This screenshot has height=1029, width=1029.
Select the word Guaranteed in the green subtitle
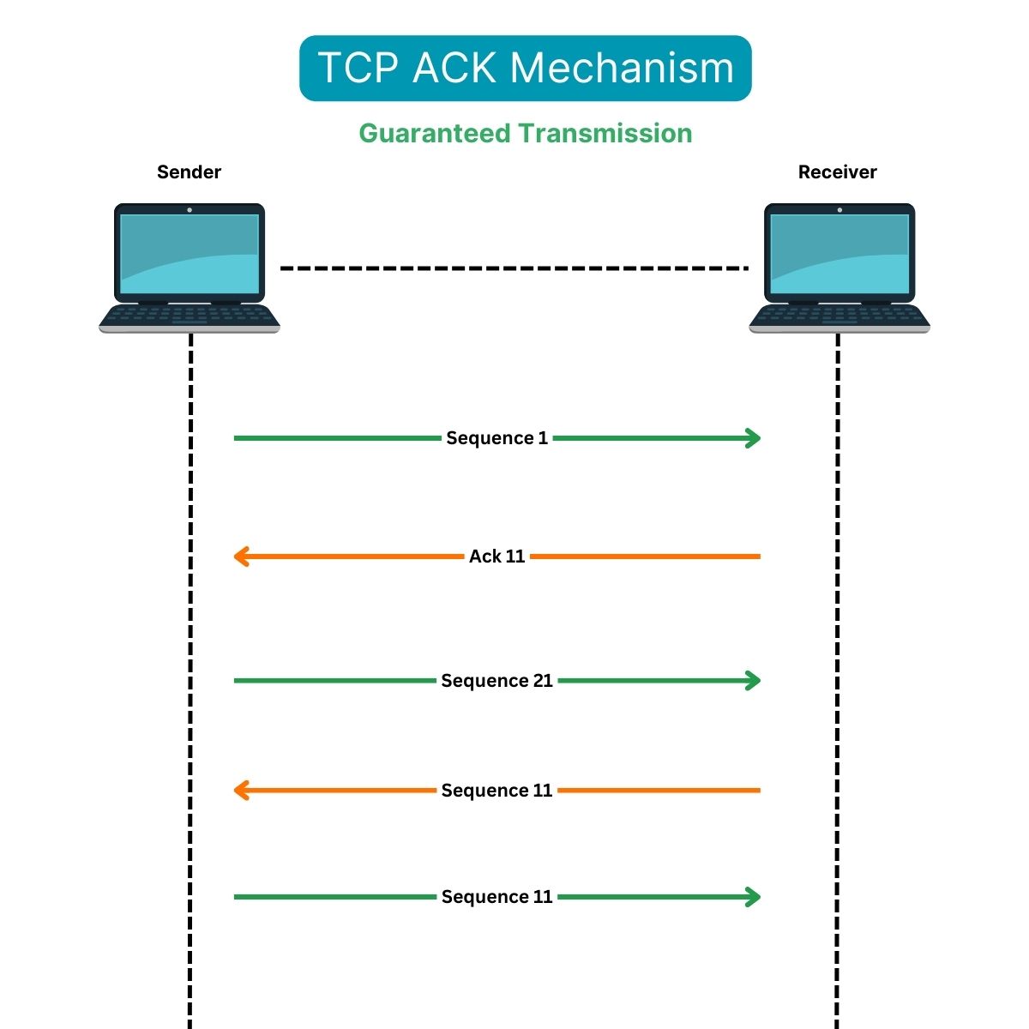435,134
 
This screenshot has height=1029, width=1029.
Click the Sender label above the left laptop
189,172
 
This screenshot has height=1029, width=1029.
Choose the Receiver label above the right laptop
837,172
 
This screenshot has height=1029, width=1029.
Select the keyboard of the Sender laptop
190,316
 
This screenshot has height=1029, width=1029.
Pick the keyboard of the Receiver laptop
839,316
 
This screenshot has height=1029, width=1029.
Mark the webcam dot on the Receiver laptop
839,209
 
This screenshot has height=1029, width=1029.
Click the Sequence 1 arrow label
496,438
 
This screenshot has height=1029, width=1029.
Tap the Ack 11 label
496,557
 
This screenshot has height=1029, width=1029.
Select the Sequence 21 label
496,681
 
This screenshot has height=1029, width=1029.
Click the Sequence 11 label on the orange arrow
496,791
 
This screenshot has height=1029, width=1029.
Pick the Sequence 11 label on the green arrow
496,897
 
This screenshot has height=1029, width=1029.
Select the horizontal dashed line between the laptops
514,268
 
